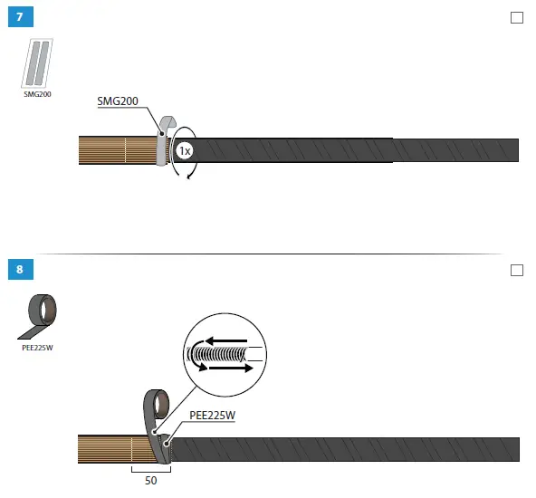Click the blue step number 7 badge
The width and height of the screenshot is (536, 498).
tap(21, 17)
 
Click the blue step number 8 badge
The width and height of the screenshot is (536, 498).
tap(21, 269)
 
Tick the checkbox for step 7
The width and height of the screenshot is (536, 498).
tap(516, 18)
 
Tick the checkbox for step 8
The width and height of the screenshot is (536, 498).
tap(516, 270)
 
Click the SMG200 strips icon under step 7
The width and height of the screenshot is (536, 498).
tap(37, 63)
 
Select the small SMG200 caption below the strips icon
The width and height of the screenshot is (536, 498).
tap(37, 94)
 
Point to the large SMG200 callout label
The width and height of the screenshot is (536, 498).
tap(118, 101)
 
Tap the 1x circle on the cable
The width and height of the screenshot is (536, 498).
tap(185, 150)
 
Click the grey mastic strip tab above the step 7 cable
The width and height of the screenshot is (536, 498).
tap(167, 124)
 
